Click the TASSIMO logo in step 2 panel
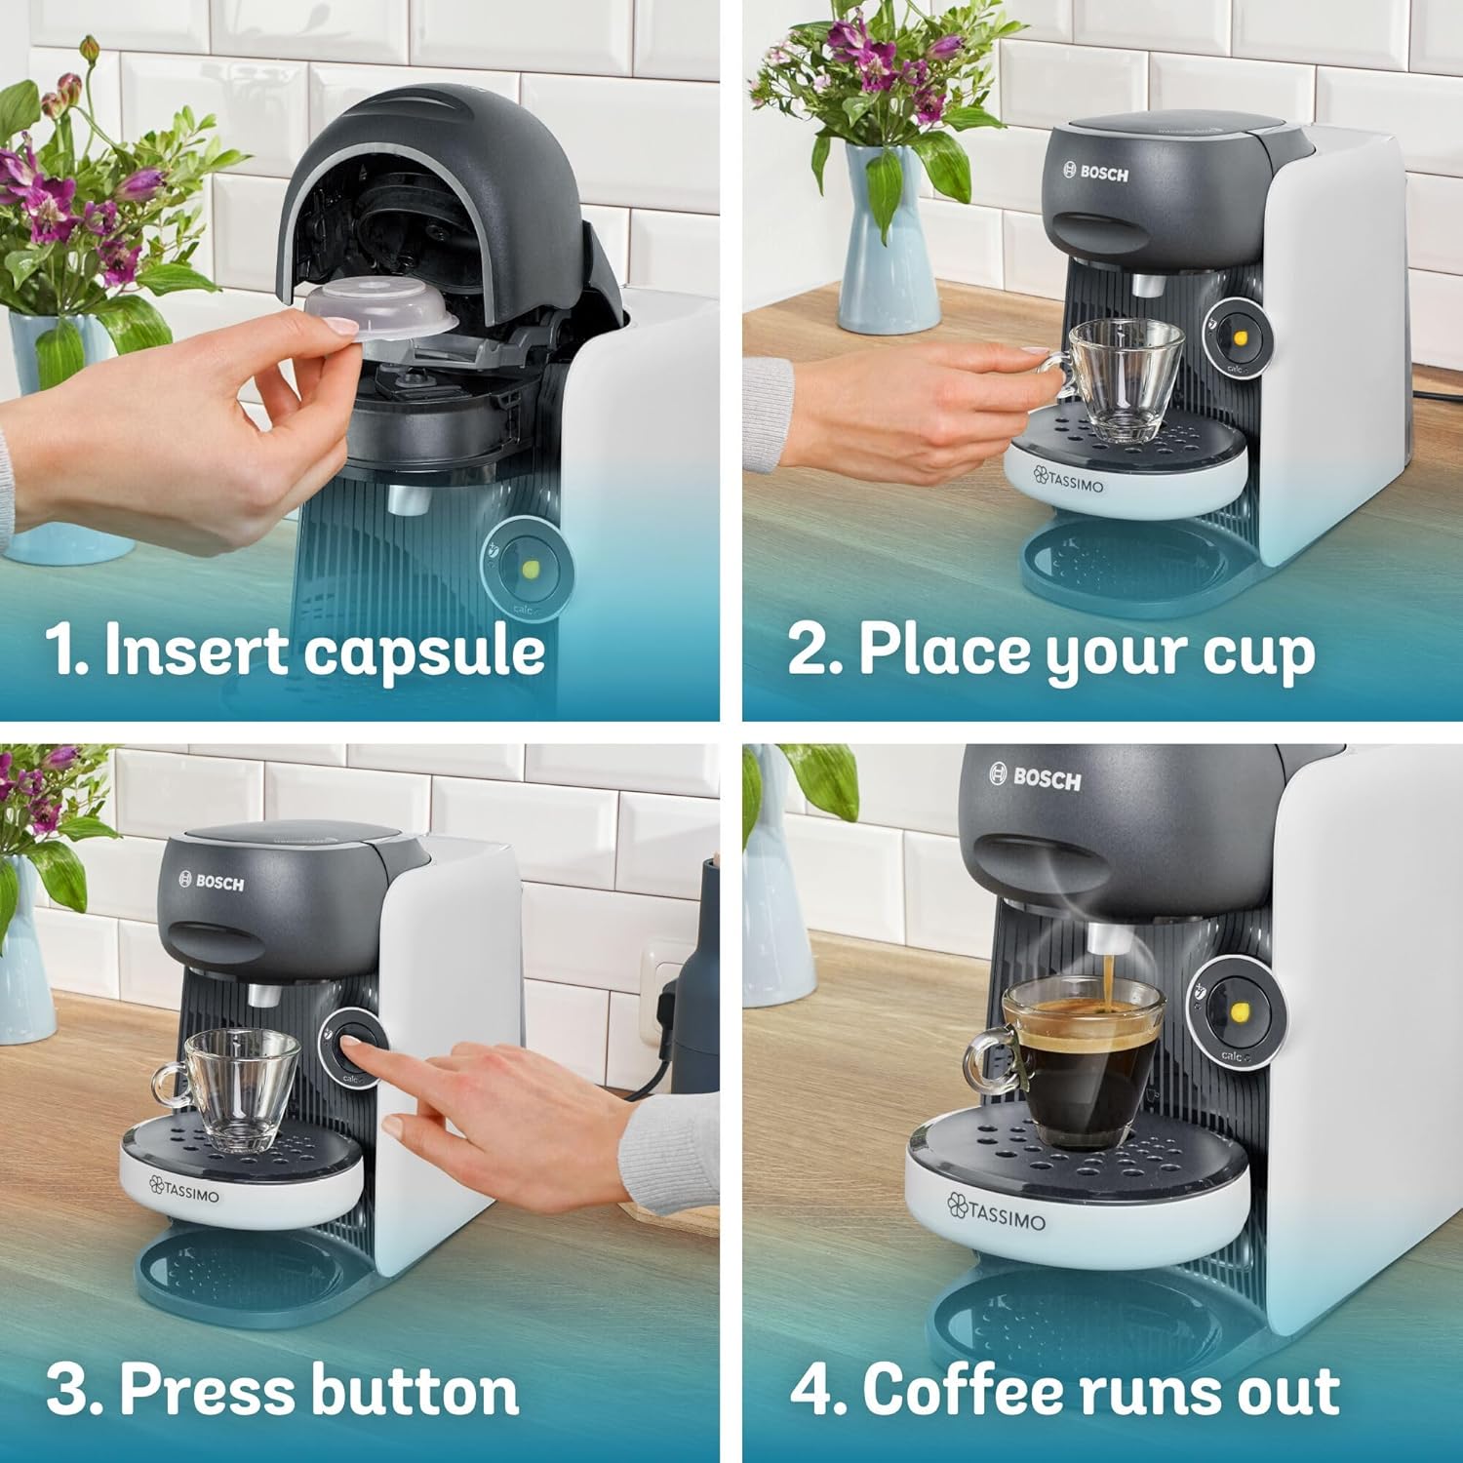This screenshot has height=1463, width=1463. click(1069, 480)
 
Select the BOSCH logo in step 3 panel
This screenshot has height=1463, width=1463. click(212, 882)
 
